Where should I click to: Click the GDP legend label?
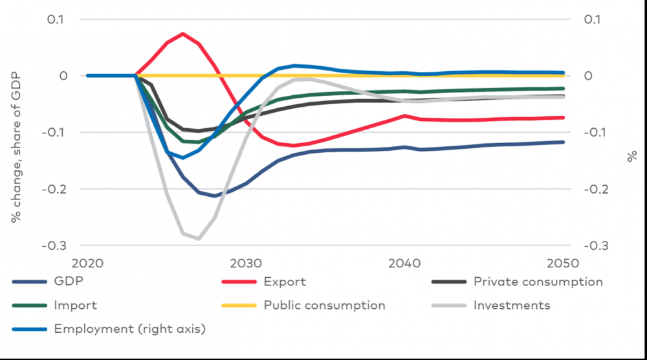point(68,282)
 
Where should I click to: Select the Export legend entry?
point(285,282)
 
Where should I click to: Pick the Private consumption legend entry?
point(538,282)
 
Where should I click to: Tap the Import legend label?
point(76,305)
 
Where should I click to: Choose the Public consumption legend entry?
point(324,305)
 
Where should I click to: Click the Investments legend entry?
point(512,305)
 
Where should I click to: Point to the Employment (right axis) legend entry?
point(129,328)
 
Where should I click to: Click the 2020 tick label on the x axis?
point(88,264)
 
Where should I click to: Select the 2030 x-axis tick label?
point(247,264)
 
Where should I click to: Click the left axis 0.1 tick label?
point(56,19)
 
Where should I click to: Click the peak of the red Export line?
point(183,33)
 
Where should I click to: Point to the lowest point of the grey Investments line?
point(199,239)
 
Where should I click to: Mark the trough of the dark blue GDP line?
point(214,196)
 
